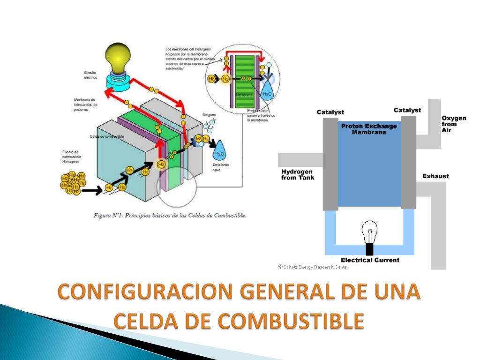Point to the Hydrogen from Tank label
coord(298,174)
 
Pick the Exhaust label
coord(435,176)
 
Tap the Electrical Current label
coord(370,260)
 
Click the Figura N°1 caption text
coord(170,216)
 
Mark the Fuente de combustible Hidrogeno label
coord(71,157)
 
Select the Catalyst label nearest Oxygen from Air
coord(407,110)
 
